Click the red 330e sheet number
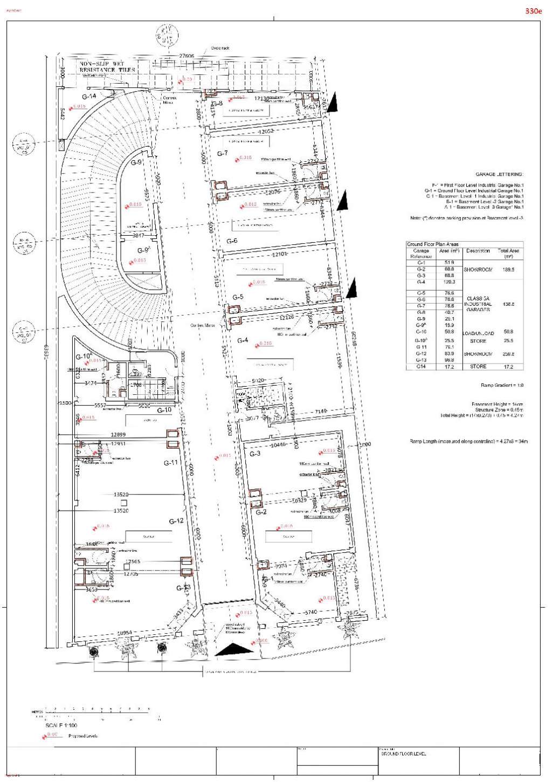pos(533,11)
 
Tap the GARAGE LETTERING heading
pos(499,174)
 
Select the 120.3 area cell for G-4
pos(449,282)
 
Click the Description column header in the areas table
pos(478,251)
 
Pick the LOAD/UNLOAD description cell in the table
pos(478,333)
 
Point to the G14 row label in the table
pos(421,367)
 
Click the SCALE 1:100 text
pos(61,725)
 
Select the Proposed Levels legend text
pos(83,736)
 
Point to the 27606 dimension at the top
pos(187,56)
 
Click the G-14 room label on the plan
pos(89,97)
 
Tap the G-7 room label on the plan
pos(223,154)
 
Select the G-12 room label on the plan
pos(176,521)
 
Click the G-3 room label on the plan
pos(255,454)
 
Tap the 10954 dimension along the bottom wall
pos(125,632)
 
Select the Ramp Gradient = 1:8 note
pos(502,386)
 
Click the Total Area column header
pos(508,253)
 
